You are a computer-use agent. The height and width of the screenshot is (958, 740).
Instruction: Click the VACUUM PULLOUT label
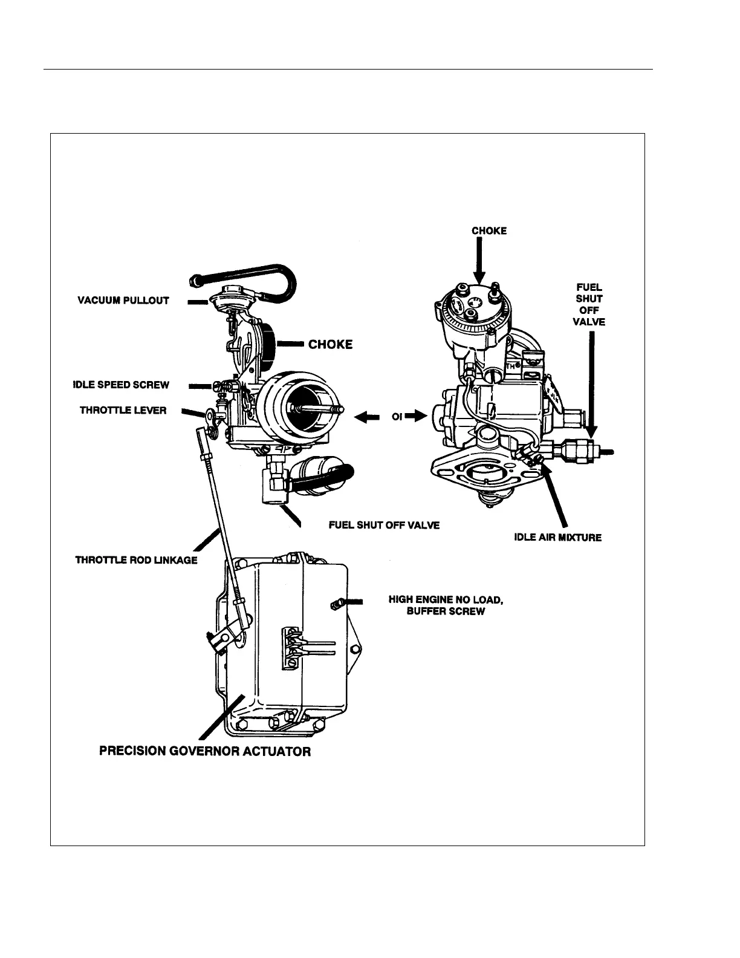point(123,300)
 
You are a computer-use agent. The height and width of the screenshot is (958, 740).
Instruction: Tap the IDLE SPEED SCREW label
point(121,385)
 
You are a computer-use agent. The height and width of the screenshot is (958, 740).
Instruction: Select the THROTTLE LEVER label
point(123,410)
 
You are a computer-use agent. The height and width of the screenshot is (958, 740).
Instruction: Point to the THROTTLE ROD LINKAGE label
point(136,560)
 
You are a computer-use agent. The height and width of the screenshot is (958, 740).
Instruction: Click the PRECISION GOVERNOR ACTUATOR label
point(205,752)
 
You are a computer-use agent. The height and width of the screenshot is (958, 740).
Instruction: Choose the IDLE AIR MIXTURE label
point(558,537)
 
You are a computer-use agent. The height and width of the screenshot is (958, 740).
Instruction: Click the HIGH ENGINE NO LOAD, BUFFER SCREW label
point(446,605)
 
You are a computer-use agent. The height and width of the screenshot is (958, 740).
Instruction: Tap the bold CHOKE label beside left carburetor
point(330,345)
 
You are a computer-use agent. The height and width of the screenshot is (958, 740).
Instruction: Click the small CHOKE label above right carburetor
point(489,230)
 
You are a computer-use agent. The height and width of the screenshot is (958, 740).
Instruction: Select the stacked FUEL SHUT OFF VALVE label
point(589,305)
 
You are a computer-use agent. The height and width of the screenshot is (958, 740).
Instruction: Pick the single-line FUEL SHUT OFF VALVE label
point(384,525)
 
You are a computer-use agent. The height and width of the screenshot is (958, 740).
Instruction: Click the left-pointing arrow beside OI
point(366,416)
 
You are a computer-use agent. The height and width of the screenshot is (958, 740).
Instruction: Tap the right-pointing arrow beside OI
point(417,416)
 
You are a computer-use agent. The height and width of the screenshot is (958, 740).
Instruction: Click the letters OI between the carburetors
point(397,416)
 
